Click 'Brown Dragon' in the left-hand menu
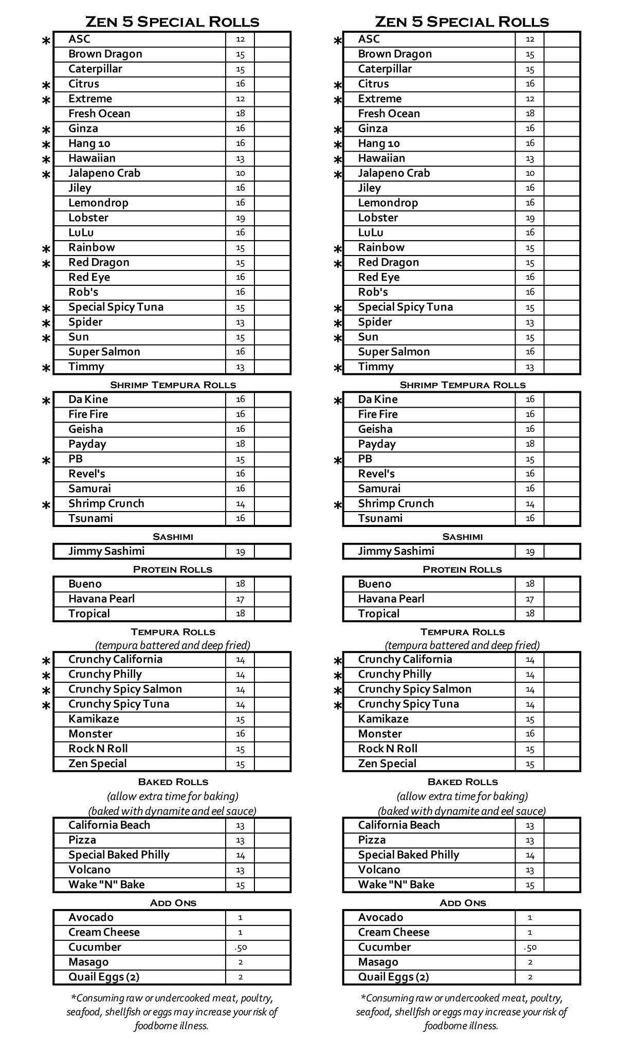coord(105,54)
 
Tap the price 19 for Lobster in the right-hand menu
coord(530,218)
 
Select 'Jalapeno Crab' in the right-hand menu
coord(394,173)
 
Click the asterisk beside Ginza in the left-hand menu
coord(46,130)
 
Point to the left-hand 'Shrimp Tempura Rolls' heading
coord(173,385)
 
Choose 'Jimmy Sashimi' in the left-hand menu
coord(106,551)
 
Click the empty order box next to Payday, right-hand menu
coord(562,444)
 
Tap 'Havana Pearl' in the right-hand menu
coord(391,599)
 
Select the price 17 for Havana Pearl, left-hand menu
coord(240,599)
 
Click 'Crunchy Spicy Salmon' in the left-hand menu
coord(125,689)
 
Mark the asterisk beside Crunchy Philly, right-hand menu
coord(337,676)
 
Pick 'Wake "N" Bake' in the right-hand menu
coord(396,885)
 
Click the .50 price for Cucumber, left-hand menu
coord(240,948)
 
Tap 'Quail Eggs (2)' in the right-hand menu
coord(393,977)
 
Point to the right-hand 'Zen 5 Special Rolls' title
coord(462,22)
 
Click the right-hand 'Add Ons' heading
coord(463,903)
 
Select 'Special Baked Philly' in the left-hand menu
coord(119,855)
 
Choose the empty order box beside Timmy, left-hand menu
coord(272,367)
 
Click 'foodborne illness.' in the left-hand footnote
coord(172,1026)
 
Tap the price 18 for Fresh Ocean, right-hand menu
coord(530,114)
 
